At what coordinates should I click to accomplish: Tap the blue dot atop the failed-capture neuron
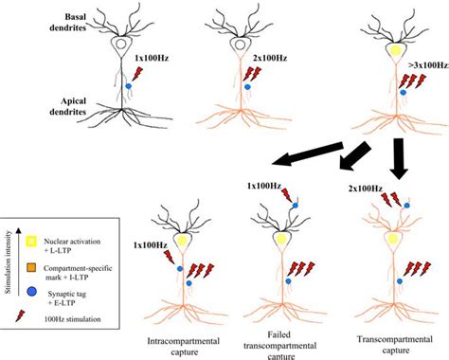click(296, 204)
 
